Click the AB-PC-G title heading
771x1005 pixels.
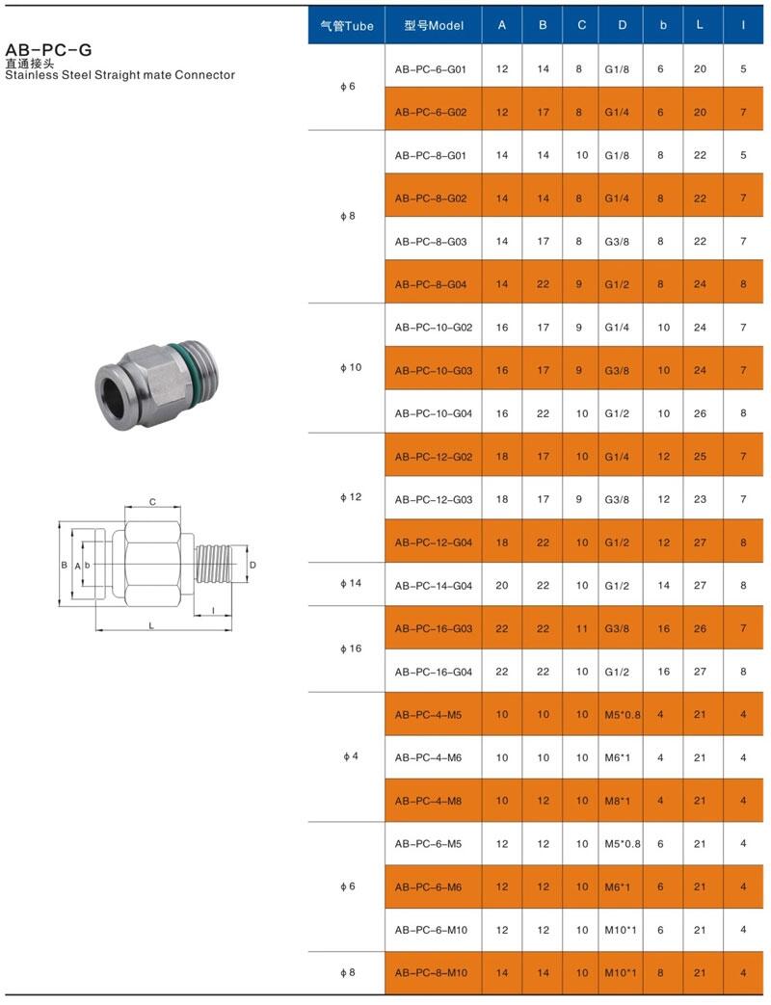click(48, 49)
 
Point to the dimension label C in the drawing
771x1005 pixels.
click(152, 502)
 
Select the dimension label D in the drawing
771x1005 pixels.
click(253, 565)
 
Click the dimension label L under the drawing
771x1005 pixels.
click(151, 625)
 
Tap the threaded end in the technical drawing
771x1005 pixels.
click(217, 564)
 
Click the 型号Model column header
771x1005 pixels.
click(434, 26)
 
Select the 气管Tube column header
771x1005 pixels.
click(347, 26)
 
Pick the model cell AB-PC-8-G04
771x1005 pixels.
click(431, 284)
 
